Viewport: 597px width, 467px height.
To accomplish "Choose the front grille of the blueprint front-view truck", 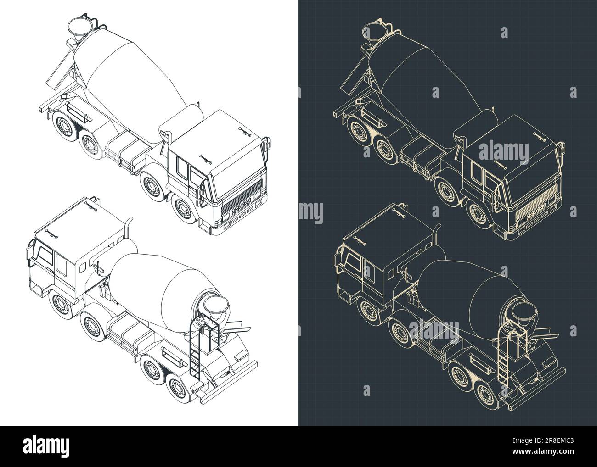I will (541, 210).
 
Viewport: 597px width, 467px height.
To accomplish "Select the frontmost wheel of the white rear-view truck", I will (60, 306).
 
